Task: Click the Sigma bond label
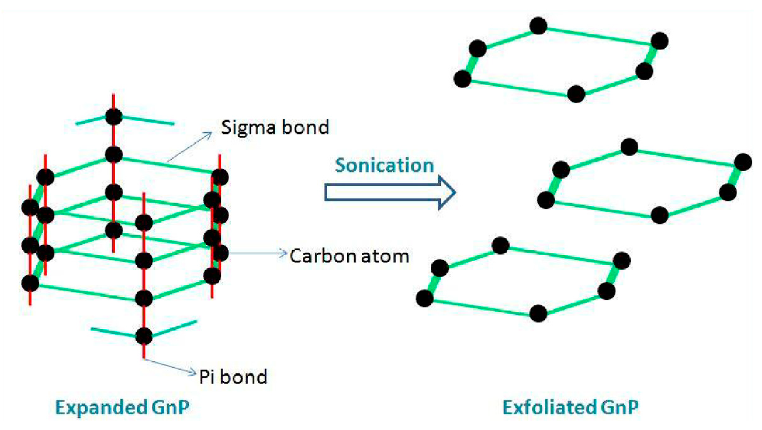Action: (x=275, y=127)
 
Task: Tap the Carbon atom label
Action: (x=349, y=256)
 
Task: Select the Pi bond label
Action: (x=233, y=377)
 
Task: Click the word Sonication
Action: (x=384, y=165)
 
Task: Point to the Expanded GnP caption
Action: (x=123, y=407)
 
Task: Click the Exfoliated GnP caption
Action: (x=570, y=407)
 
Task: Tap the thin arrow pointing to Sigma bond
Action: (x=189, y=147)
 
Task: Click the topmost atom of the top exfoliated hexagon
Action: (x=538, y=26)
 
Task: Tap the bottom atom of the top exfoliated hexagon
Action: (x=576, y=94)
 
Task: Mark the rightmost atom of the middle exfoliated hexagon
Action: (x=743, y=162)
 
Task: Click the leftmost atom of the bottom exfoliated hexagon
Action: (x=425, y=298)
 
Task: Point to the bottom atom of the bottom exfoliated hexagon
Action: (x=538, y=313)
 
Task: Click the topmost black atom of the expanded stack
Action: (x=113, y=117)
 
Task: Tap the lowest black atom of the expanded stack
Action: (x=144, y=336)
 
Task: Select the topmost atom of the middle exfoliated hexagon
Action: (x=629, y=147)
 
